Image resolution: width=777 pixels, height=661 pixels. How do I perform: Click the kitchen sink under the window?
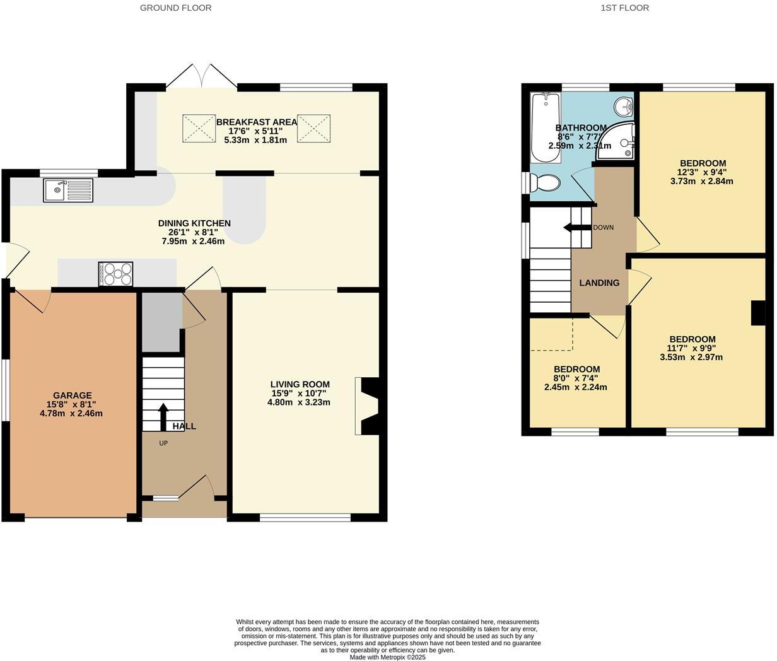coord(67,190)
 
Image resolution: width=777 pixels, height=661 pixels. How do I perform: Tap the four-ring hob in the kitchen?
coord(116,274)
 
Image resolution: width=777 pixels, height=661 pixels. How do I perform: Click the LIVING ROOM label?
coord(300,384)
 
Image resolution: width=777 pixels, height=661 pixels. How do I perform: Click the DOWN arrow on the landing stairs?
coord(576,228)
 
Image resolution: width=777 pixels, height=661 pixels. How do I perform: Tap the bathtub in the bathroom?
coord(545,127)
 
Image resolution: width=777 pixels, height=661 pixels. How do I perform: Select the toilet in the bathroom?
coord(545,183)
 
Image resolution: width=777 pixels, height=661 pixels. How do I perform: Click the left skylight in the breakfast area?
coord(199,128)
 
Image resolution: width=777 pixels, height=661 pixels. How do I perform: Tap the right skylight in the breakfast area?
coord(314,128)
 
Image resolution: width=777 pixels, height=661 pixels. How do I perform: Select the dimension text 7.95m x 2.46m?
coord(193,241)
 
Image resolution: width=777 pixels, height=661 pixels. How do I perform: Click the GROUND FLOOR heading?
coord(175,8)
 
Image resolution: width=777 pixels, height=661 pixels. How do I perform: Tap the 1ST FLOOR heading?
coord(625,8)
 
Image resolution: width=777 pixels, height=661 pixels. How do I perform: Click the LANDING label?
coord(599,283)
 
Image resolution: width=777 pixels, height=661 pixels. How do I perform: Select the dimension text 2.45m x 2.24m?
coord(575,387)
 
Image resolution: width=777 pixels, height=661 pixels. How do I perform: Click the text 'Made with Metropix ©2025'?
coord(388,657)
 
